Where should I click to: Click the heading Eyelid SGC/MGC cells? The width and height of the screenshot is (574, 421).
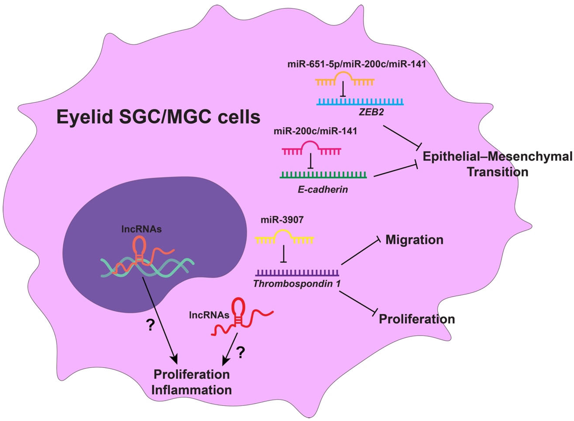click(x=158, y=117)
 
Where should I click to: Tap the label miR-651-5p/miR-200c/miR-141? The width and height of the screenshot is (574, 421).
click(x=357, y=64)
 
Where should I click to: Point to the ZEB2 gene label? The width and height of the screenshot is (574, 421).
click(x=371, y=112)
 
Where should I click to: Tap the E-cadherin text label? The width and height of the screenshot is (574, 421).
click(x=322, y=189)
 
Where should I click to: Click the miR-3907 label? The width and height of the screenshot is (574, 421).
click(x=282, y=220)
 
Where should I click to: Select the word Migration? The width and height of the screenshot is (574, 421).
click(x=414, y=240)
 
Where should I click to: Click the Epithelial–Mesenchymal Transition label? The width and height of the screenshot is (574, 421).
click(x=497, y=164)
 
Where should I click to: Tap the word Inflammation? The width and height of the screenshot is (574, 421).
click(x=192, y=390)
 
